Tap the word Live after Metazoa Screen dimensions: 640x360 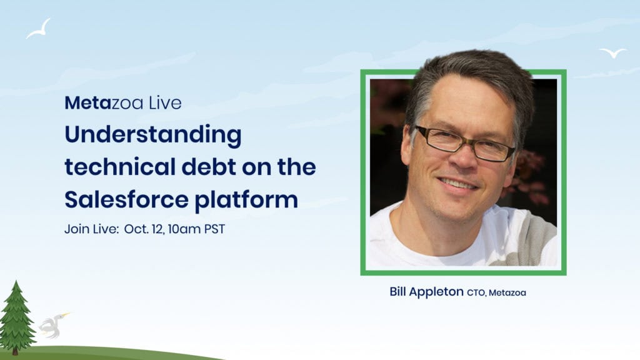[165, 103]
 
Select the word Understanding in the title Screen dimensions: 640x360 [153, 136]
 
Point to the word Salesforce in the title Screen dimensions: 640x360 [126, 199]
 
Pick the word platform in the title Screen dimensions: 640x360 [246, 201]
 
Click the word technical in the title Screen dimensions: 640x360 [120, 167]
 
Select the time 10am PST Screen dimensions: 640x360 [196, 229]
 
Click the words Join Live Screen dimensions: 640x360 [91, 229]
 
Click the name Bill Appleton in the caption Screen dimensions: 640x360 [426, 292]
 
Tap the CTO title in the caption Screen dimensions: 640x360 [476, 292]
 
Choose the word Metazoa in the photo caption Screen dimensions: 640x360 [507, 292]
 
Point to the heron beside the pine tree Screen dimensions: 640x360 [53, 325]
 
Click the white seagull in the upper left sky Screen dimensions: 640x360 [39, 29]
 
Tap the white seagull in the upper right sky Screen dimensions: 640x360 [612, 52]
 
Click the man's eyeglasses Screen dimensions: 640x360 [464, 144]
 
